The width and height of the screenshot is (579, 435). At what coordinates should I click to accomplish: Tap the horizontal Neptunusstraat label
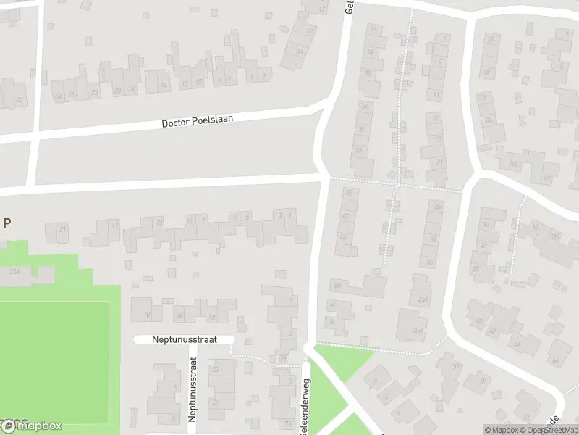coord(185,339)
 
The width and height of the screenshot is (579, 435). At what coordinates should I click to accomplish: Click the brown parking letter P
coord(7,223)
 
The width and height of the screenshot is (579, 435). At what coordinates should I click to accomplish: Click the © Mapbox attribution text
coord(501,430)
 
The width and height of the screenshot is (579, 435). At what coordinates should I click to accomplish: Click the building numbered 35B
coord(417,331)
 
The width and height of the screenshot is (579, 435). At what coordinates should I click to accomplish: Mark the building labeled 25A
coord(14,272)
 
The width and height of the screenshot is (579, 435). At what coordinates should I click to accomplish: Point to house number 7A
coord(288,424)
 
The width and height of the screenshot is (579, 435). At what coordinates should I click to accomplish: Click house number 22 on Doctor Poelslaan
coord(95,92)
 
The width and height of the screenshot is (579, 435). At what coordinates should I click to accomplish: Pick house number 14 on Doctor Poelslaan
coord(164,86)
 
